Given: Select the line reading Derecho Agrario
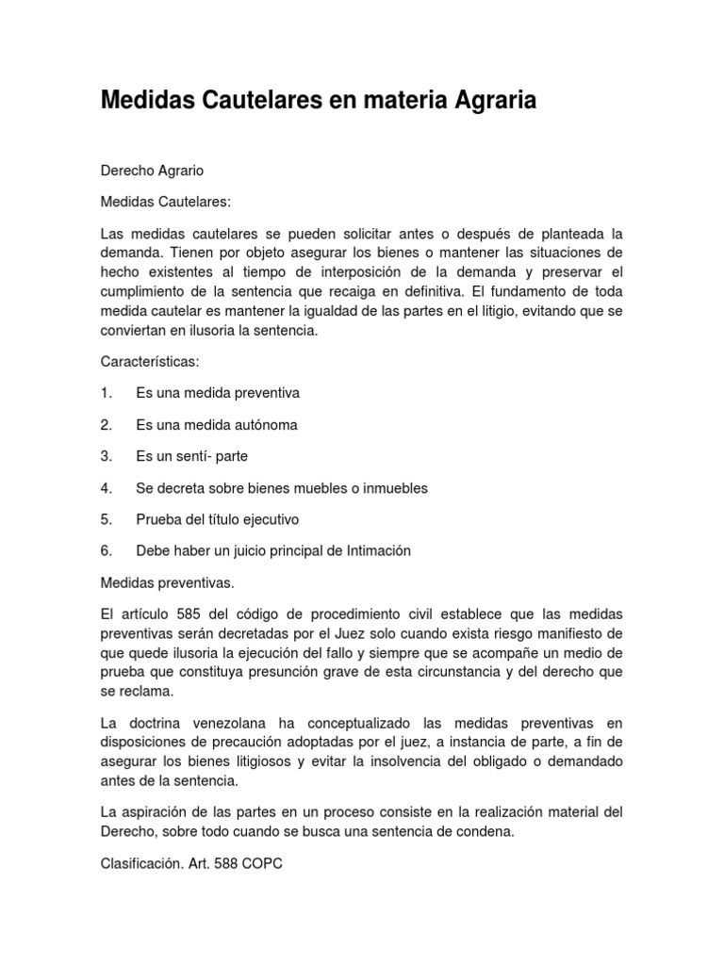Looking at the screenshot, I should coord(152,171).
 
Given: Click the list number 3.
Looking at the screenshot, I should coord(106,456).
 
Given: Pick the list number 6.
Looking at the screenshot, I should coord(106,551).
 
